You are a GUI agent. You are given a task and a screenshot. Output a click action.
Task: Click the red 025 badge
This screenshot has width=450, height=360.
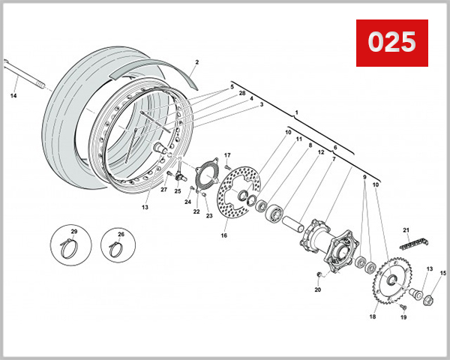391,42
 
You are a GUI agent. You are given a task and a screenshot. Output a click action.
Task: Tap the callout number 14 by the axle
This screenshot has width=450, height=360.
13,95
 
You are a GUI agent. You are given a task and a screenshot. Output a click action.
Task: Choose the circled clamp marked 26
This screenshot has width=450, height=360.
120,244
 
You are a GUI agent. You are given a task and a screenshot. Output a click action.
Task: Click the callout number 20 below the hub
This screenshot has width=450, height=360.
317,289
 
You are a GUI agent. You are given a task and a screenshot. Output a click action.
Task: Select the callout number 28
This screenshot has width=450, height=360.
242,93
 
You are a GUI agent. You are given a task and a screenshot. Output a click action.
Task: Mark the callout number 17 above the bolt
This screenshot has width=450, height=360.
226,155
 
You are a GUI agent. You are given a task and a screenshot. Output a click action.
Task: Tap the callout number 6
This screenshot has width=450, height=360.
334,147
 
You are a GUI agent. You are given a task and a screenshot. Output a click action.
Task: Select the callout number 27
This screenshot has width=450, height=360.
163,190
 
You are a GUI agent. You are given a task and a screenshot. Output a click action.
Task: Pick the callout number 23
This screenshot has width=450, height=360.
209,216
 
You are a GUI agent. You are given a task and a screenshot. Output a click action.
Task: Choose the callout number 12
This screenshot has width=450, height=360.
320,153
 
